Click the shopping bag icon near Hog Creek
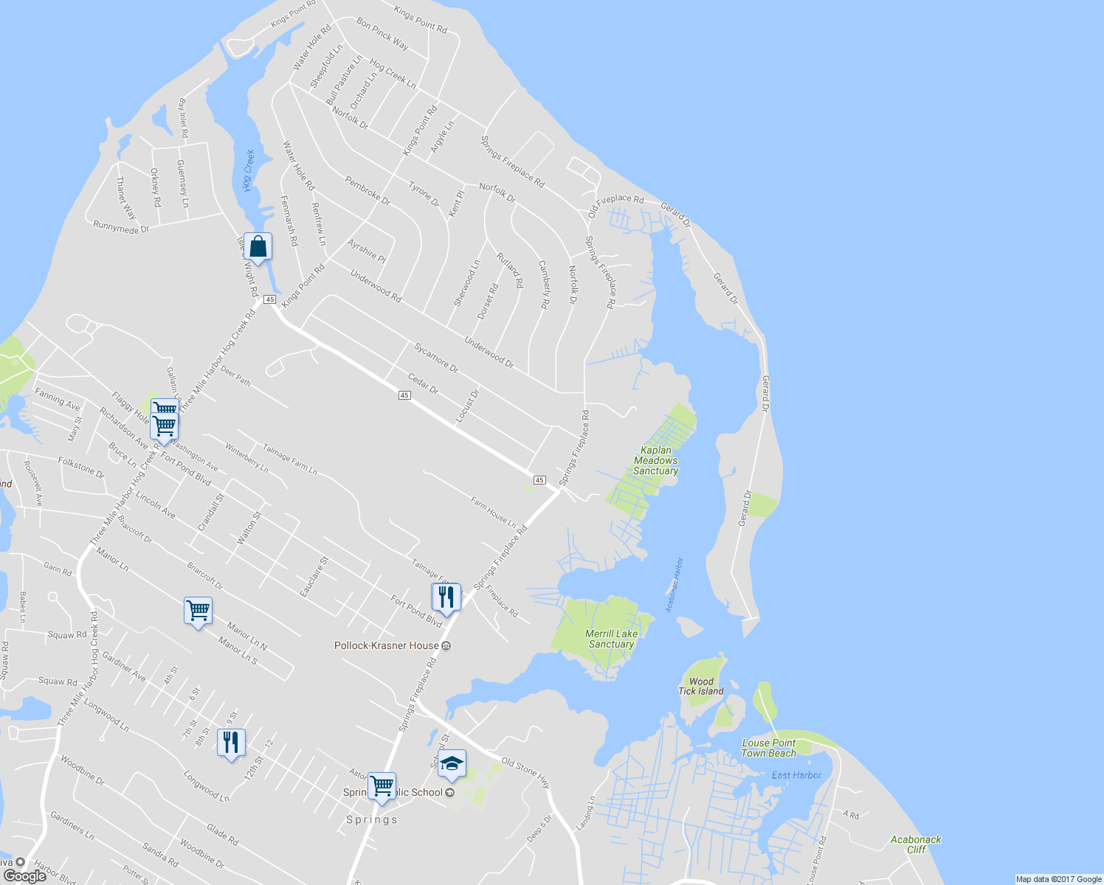[258, 246]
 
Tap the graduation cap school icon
[452, 766]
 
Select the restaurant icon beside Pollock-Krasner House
[446, 597]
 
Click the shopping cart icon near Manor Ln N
[198, 611]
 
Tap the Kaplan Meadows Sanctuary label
[655, 460]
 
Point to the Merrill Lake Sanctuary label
[611, 639]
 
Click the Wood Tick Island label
[700, 687]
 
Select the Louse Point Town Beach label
[769, 748]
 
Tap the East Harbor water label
[796, 775]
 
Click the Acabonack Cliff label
[916, 844]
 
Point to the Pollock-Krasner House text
[387, 645]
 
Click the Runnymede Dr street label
[121, 227]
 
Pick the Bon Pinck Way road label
[382, 34]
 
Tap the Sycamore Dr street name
[436, 358]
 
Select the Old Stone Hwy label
[526, 771]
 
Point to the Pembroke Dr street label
[368, 190]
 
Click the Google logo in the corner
[24, 875]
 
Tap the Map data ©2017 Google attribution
[1058, 879]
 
